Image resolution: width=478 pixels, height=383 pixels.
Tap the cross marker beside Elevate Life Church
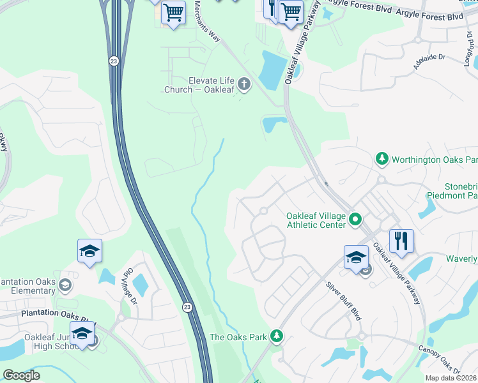[x=243, y=84]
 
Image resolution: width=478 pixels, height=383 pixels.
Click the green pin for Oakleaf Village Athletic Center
[x=356, y=221]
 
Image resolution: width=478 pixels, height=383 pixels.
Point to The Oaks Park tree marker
[x=276, y=335]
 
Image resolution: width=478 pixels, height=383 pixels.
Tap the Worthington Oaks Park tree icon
[x=382, y=158]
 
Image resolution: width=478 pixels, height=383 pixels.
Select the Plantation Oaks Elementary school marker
[x=64, y=283]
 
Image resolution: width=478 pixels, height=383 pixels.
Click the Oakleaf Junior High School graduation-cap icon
[x=82, y=333]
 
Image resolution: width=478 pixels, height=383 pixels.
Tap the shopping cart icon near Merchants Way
[x=173, y=12]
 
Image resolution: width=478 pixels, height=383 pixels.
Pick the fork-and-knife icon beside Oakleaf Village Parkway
[x=401, y=241]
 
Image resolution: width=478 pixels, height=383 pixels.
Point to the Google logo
[x=21, y=375]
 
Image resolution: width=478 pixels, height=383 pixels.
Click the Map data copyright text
[x=451, y=378]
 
